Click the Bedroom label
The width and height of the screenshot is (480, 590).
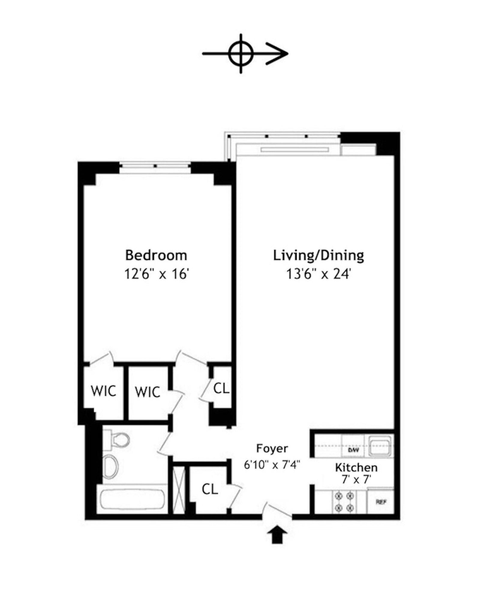click(156, 256)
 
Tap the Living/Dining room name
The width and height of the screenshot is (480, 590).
click(318, 256)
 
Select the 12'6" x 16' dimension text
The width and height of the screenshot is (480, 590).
click(156, 274)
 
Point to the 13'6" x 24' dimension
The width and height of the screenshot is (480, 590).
click(318, 274)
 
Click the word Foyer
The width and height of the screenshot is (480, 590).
click(272, 448)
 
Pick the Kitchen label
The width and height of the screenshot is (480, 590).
click(356, 467)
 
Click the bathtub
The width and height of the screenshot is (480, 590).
click(132, 499)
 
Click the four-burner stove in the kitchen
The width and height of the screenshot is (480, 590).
click(344, 501)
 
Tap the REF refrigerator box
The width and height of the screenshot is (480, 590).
click(381, 502)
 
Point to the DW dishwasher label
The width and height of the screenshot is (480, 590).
click(353, 450)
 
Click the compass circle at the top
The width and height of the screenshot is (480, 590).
click(241, 54)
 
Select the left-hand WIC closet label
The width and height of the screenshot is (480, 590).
click(103, 391)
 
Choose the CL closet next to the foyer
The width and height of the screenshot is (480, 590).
click(210, 489)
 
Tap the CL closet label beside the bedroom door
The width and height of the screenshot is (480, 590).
click(221, 388)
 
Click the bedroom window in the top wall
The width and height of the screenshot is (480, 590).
click(155, 165)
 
